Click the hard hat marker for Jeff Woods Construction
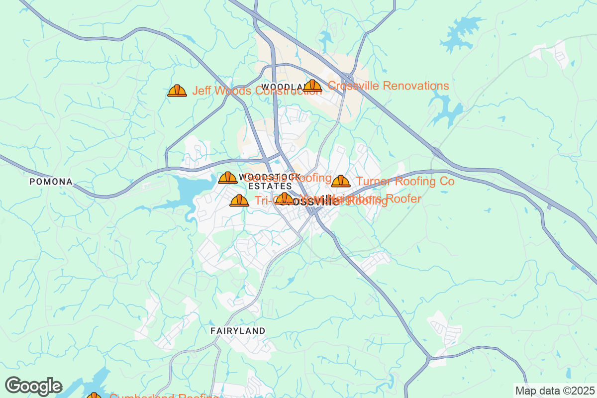pos(177,91)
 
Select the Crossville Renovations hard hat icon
pos(312,86)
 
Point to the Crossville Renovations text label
pos(388,86)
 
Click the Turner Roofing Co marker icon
pos(341,181)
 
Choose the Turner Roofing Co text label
pos(405,182)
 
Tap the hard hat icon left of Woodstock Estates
pos(228,178)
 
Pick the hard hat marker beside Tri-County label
pos(239,200)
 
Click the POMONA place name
pos(51,182)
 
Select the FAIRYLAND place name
pos(238,330)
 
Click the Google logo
pos(33,386)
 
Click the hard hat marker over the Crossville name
pos(284,199)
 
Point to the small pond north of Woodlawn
pos(326,37)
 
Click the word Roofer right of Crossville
pos(403,199)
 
